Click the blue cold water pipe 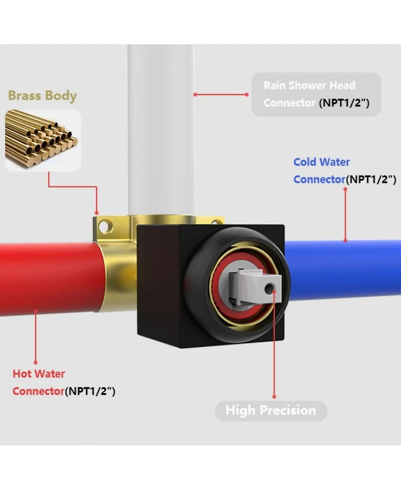tap(346, 271)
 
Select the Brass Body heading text tap(42, 95)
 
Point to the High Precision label tap(271, 411)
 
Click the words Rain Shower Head tap(309, 85)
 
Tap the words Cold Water tap(322, 162)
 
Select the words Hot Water tap(39, 374)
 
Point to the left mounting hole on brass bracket tap(103, 227)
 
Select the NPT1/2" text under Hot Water tap(90, 391)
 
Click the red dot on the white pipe tap(195, 94)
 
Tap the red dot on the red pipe tap(36, 311)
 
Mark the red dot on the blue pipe tap(345, 241)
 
